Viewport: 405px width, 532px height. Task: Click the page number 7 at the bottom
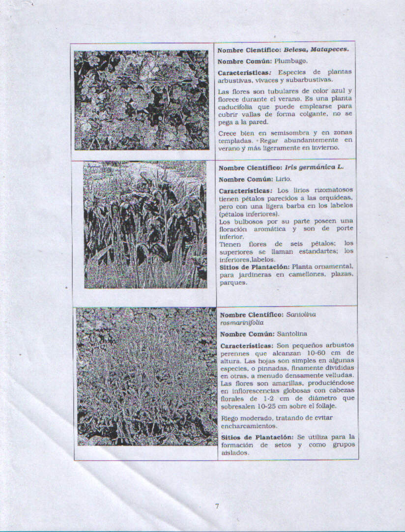[x=216, y=506]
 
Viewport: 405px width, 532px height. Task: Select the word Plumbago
[x=291, y=61]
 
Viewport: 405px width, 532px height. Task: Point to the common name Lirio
[x=283, y=179]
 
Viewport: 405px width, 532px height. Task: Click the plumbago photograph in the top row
[x=142, y=100]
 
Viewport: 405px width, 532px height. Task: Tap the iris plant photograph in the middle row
[x=145, y=224]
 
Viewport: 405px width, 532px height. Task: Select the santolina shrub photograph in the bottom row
[x=146, y=377]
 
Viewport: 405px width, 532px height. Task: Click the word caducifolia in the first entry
[x=235, y=106]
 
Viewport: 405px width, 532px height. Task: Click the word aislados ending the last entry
[x=234, y=453]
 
